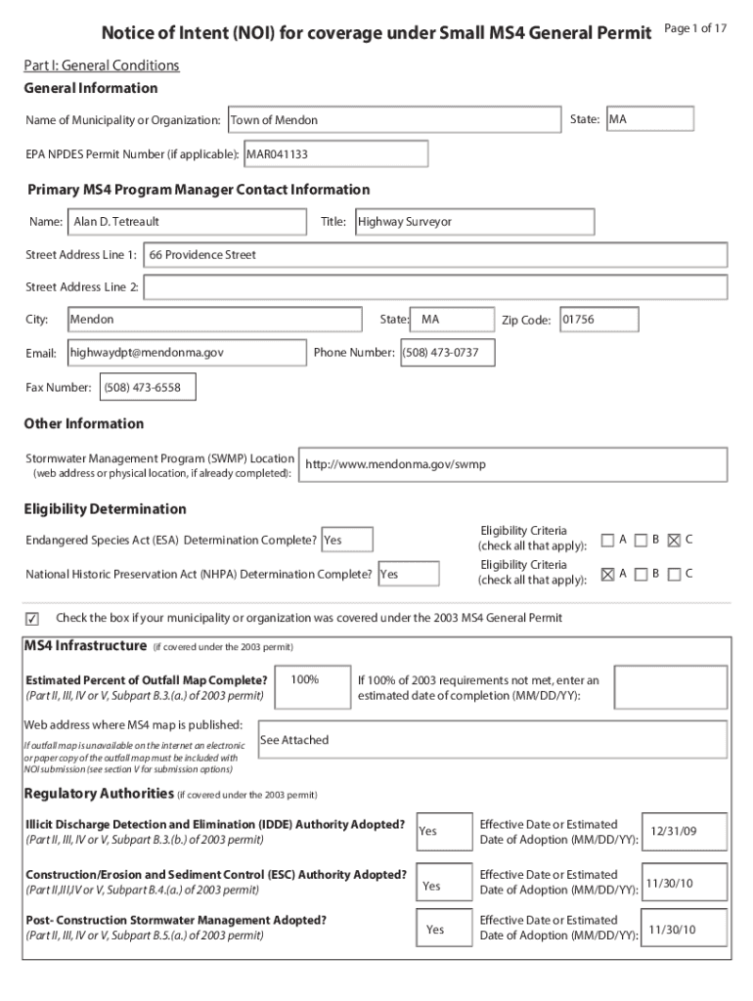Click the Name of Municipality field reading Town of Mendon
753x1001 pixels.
(394, 120)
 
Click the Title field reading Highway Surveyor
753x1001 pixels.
(473, 222)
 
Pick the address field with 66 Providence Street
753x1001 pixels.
(435, 255)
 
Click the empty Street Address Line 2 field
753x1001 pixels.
(435, 287)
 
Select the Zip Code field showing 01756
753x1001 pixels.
(598, 320)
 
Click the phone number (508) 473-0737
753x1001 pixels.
(447, 352)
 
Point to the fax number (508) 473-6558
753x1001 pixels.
(147, 388)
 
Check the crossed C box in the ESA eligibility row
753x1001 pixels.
(674, 540)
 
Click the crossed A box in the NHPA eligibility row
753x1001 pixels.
(608, 574)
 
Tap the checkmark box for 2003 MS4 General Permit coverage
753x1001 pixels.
(31, 619)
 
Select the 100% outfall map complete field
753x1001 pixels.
(313, 687)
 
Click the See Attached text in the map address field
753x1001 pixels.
(294, 741)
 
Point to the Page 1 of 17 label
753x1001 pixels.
(695, 28)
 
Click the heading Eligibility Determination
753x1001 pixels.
(105, 509)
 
